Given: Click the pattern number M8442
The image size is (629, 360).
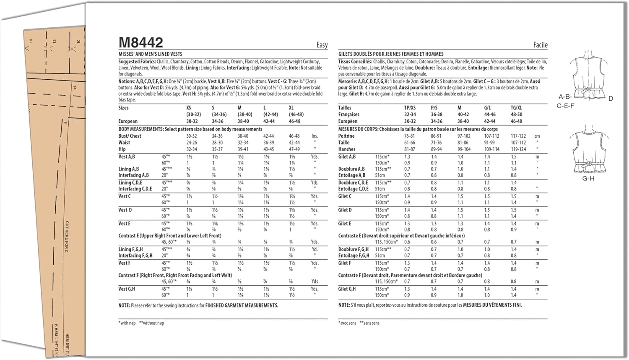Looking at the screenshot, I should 140,42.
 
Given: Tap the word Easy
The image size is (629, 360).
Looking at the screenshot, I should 322,45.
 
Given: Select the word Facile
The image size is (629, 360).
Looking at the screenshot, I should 540,45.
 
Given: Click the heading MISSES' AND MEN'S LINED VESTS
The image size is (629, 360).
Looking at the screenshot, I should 150,54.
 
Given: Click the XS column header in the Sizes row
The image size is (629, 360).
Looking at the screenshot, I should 189,108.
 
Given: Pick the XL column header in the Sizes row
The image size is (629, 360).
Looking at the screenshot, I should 291,108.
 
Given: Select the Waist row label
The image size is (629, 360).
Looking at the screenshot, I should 124,143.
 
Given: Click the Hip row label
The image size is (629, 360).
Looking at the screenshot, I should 122,149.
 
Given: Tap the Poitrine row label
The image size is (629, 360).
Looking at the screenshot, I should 346,136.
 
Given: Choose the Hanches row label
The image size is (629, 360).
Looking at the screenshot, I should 347,149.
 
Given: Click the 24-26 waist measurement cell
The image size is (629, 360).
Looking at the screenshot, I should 192,143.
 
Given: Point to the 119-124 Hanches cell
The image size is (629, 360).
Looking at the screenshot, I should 518,149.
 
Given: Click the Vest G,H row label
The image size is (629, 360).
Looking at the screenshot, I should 127,289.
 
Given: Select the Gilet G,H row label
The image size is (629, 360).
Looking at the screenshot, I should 347,289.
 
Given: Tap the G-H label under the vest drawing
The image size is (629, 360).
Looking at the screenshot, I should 588,178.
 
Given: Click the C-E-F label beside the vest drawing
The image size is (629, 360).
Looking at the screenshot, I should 565,106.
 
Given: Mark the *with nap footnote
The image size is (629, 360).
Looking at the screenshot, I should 127,323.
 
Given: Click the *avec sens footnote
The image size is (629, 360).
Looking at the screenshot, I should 347,323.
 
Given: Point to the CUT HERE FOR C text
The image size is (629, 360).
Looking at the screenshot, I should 67,237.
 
